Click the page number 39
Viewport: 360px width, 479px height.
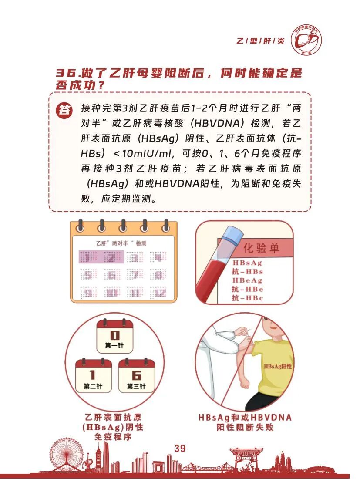(x=180, y=448)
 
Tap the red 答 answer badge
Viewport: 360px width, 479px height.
(x=65, y=110)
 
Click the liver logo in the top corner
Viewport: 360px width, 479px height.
(x=306, y=40)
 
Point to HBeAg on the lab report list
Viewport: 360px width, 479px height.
(x=247, y=280)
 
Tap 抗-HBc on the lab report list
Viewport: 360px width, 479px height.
(x=247, y=298)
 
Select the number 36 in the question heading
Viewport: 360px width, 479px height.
(x=67, y=73)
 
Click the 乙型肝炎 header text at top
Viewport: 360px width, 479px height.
(x=260, y=41)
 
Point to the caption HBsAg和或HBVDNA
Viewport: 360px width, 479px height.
(x=245, y=418)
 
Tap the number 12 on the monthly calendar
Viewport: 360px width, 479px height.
(x=160, y=293)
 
